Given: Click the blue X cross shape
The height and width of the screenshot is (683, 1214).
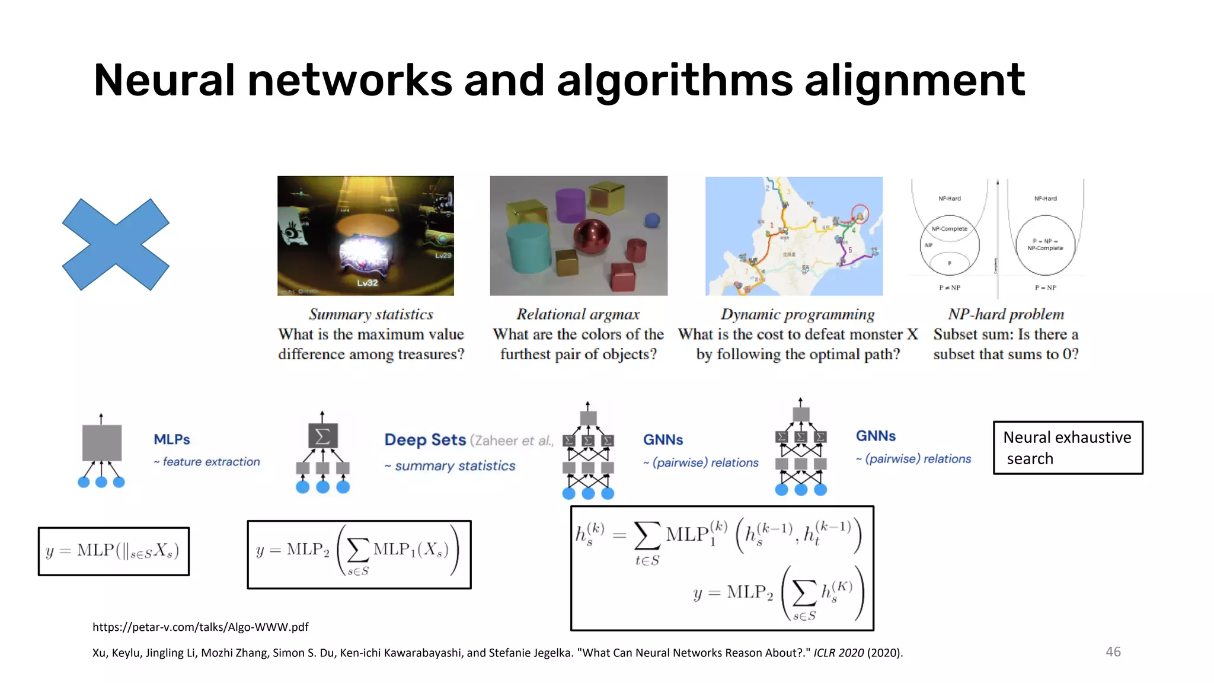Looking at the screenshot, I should point(116,244).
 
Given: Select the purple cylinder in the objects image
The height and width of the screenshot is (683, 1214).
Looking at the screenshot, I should point(570,205).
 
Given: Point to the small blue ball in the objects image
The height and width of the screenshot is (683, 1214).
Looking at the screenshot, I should point(652,221).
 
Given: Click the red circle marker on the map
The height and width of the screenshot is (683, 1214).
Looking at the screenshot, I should point(860,213).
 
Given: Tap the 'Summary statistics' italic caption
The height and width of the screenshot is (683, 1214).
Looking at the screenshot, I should point(371,314).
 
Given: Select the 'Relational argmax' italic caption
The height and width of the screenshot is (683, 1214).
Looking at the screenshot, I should point(578,314).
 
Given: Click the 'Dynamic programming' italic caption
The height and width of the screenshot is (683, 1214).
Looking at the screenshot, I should point(797,314).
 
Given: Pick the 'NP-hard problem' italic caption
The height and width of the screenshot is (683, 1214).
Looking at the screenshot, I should point(1006,314).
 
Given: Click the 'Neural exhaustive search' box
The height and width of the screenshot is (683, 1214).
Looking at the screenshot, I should point(1068,448).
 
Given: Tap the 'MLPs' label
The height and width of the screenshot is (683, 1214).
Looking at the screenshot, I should point(172,439).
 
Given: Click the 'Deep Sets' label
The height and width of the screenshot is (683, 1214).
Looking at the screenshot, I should point(425,440).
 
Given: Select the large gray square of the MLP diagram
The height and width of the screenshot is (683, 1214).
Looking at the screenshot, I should point(102,442).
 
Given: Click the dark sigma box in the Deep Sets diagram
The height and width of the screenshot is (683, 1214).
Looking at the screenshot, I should point(322,436).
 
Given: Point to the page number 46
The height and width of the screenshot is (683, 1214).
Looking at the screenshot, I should point(1113,652).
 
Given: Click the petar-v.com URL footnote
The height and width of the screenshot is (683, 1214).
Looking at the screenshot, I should point(200,627).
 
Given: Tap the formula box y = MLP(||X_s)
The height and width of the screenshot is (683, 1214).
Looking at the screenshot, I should point(114,551).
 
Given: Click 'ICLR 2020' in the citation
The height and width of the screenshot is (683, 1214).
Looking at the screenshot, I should point(838,653).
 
